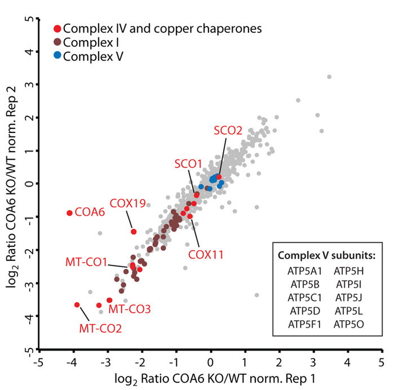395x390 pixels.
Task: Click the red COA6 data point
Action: [x=70, y=213]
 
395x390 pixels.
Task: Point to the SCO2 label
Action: [x=228, y=130]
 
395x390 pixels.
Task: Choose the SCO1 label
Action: [x=188, y=163]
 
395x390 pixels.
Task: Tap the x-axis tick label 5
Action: [x=381, y=361]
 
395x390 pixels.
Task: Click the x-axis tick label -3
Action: [x=106, y=361]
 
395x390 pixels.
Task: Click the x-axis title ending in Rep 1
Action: [x=210, y=378]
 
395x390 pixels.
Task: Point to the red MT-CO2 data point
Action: [x=77, y=305]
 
